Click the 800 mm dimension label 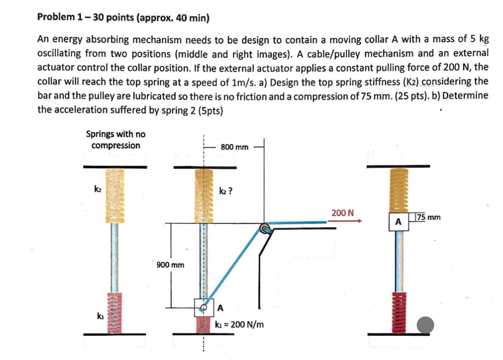235,147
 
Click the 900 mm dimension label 170,265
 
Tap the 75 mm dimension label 428,217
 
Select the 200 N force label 342,213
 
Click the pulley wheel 265,229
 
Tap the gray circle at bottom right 425,325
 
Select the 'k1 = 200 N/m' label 240,324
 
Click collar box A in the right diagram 398,222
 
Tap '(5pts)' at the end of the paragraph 210,110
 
